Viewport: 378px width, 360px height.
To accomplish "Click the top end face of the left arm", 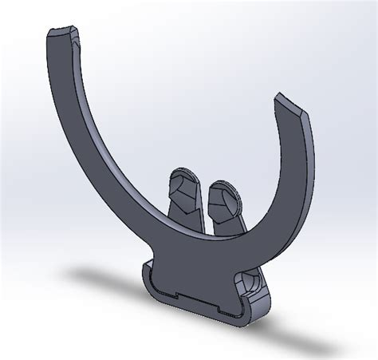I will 62,34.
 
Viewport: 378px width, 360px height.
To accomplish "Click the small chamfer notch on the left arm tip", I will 77,35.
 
